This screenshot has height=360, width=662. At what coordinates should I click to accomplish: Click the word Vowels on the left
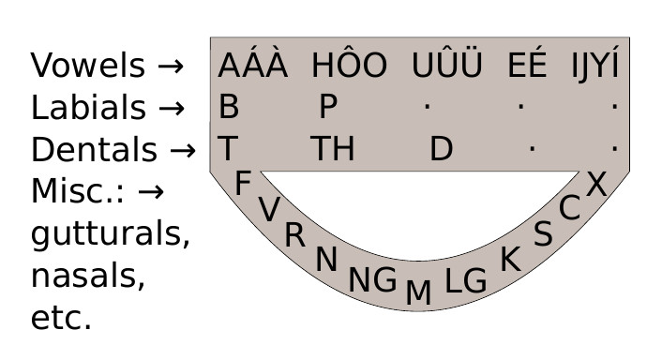88,67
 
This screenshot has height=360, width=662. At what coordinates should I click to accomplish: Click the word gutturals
111,235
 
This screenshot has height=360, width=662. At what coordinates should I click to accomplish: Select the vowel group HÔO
349,67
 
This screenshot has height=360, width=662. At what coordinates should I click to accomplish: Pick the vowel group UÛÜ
447,67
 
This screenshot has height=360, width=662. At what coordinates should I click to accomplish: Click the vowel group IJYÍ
595,67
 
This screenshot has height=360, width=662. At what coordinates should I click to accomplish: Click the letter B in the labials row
229,108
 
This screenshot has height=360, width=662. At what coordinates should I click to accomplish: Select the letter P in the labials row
327,108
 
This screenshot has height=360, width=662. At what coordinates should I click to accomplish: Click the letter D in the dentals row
441,150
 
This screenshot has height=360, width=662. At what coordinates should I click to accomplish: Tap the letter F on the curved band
243,185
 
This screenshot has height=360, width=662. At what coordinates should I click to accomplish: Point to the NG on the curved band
372,280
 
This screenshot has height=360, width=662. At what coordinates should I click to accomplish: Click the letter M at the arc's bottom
418,293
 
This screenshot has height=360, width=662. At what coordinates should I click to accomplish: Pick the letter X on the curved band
596,185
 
